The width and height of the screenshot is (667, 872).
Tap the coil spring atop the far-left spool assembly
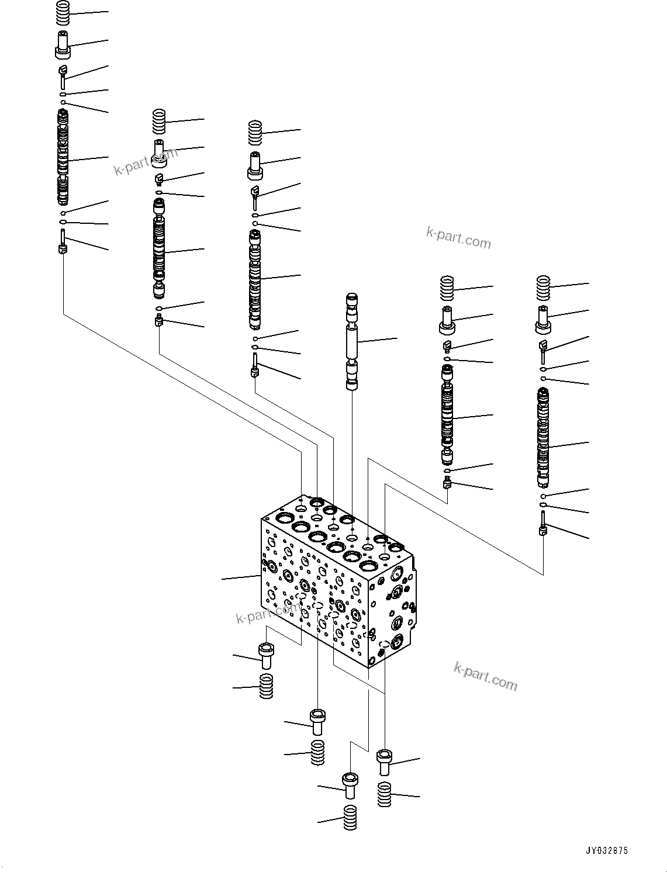tap(63, 13)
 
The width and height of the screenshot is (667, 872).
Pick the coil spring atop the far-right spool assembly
tap(544, 288)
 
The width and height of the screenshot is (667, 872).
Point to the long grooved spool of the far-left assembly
tap(63, 157)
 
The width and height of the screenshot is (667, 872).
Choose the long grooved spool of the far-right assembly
tap(544, 438)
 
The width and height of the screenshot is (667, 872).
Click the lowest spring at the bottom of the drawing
tap(350, 817)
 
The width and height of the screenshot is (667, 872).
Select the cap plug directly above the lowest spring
tap(350, 785)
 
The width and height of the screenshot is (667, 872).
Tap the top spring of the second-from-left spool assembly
tap(159, 122)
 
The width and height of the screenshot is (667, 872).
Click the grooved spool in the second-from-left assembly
tap(160, 248)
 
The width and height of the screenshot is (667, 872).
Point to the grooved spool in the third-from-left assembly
tap(255, 280)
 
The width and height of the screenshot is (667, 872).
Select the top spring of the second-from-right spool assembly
tap(447, 289)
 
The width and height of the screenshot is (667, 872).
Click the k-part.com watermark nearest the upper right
tap(458, 238)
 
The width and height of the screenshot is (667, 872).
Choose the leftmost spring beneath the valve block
tap(267, 686)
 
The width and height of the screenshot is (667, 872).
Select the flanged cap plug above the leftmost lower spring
tap(266, 655)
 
